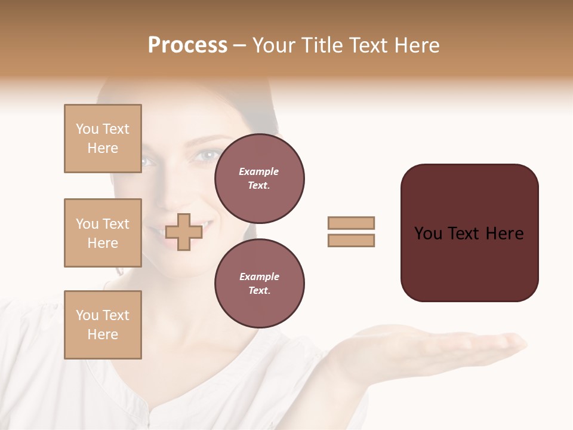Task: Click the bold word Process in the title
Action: point(187,45)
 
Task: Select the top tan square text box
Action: point(103,139)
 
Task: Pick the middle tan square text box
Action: point(103,233)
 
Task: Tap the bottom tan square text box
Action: point(103,325)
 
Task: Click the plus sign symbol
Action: point(184,232)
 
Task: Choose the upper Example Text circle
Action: point(259,179)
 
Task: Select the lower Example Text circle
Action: point(259,284)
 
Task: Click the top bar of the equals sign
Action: point(351,223)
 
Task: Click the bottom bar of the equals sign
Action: point(351,240)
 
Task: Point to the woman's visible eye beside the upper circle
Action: point(207,156)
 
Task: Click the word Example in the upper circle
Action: point(259,171)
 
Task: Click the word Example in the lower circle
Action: point(259,277)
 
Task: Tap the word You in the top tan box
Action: point(87,129)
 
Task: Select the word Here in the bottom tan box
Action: point(103,334)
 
